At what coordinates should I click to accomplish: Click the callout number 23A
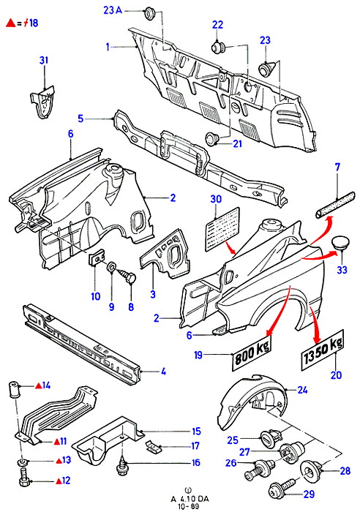click(113, 10)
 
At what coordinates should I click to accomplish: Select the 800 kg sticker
click(252, 353)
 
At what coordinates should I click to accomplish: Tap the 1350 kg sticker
click(323, 350)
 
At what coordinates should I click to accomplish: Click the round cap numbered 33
click(340, 244)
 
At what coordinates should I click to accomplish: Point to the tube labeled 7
click(335, 204)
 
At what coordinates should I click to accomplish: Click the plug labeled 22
click(217, 47)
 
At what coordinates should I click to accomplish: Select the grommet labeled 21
click(213, 140)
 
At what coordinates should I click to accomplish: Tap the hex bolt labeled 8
click(128, 275)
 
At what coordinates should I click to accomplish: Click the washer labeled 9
click(111, 267)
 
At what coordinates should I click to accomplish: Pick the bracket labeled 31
click(42, 102)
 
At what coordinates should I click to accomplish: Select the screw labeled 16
click(121, 464)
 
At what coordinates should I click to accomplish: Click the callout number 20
click(336, 374)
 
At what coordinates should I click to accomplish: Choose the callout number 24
click(302, 390)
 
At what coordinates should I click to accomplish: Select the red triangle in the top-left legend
click(11, 23)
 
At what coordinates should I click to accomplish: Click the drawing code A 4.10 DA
click(190, 499)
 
